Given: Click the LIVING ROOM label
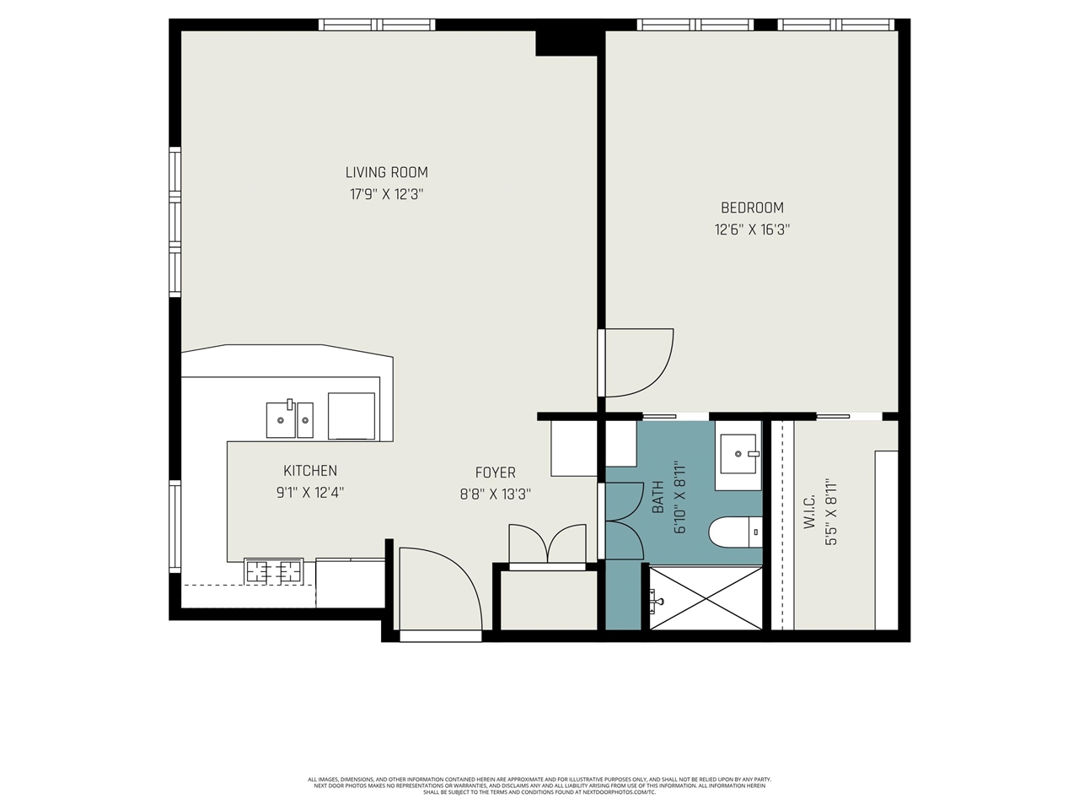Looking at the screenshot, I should coord(386,172).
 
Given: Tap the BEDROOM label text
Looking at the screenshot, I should coord(751,208).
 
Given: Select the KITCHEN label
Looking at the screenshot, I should coord(310,471).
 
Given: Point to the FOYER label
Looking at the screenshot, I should coord(495,472).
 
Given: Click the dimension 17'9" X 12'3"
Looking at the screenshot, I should coord(386,194).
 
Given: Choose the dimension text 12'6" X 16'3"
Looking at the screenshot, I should coord(751,229).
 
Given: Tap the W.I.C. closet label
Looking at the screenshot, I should coord(809,512).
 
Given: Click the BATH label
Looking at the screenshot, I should coord(658,498).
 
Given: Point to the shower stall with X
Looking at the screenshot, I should coord(706,597).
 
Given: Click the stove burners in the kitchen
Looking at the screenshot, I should coord(273,571).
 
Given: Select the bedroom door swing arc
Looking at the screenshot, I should coord(639,363).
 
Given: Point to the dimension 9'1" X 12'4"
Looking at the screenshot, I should coord(310,493).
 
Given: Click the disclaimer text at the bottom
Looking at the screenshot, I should coord(539,786).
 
